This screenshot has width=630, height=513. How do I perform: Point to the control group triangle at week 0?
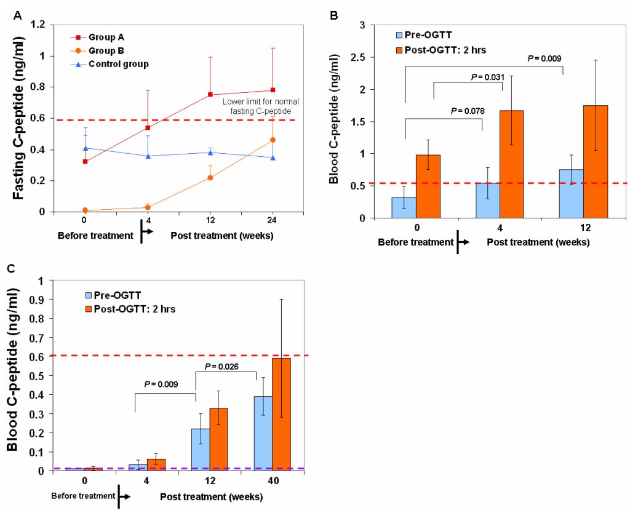click(x=86, y=148)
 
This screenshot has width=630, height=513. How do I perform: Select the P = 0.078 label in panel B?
click(x=467, y=111)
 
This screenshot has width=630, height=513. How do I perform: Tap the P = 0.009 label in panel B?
click(x=546, y=58)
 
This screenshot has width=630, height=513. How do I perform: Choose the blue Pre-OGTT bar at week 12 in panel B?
click(x=572, y=193)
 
